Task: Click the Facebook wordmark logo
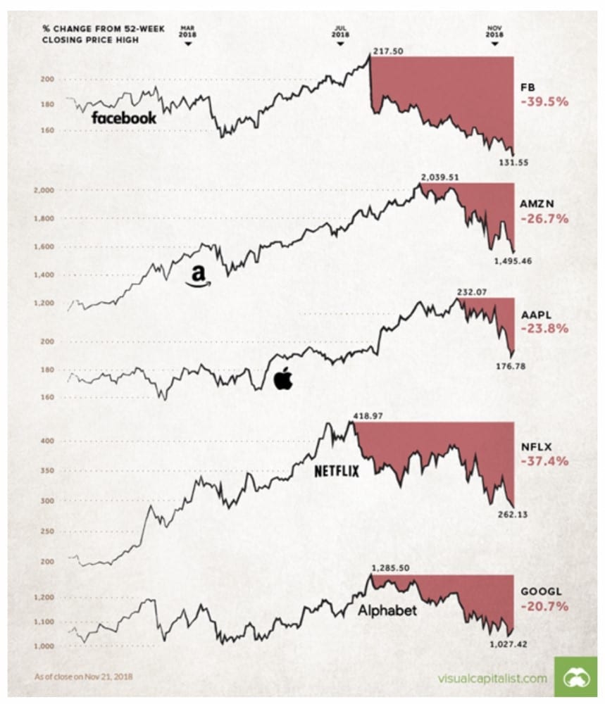pyautogui.click(x=124, y=118)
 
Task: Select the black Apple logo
pyautogui.click(x=282, y=378)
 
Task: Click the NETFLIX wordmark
pyautogui.click(x=336, y=470)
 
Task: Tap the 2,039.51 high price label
pyautogui.click(x=439, y=177)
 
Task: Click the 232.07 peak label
pyautogui.click(x=473, y=291)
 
